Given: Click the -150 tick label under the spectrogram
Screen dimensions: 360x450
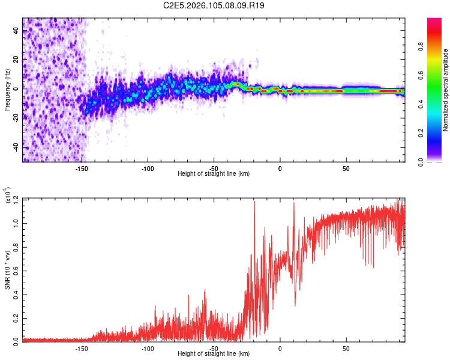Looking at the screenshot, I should click(x=82, y=168).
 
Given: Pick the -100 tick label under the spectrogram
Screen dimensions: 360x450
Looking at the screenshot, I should click(x=148, y=168).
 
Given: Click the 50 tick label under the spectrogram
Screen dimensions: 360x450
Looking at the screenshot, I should click(x=346, y=168).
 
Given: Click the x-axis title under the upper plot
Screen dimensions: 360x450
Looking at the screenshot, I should click(x=214, y=174).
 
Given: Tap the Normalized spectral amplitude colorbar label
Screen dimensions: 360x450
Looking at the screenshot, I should click(x=446, y=90).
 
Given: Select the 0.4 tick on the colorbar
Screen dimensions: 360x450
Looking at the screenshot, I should click(x=439, y=104).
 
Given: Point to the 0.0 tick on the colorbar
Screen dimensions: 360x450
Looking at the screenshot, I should click(x=439, y=161).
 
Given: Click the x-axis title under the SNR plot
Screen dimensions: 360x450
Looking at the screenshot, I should click(x=214, y=354).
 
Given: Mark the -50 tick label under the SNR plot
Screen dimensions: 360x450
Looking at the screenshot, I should click(x=214, y=348).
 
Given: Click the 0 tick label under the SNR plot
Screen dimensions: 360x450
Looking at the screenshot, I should click(x=280, y=348).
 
